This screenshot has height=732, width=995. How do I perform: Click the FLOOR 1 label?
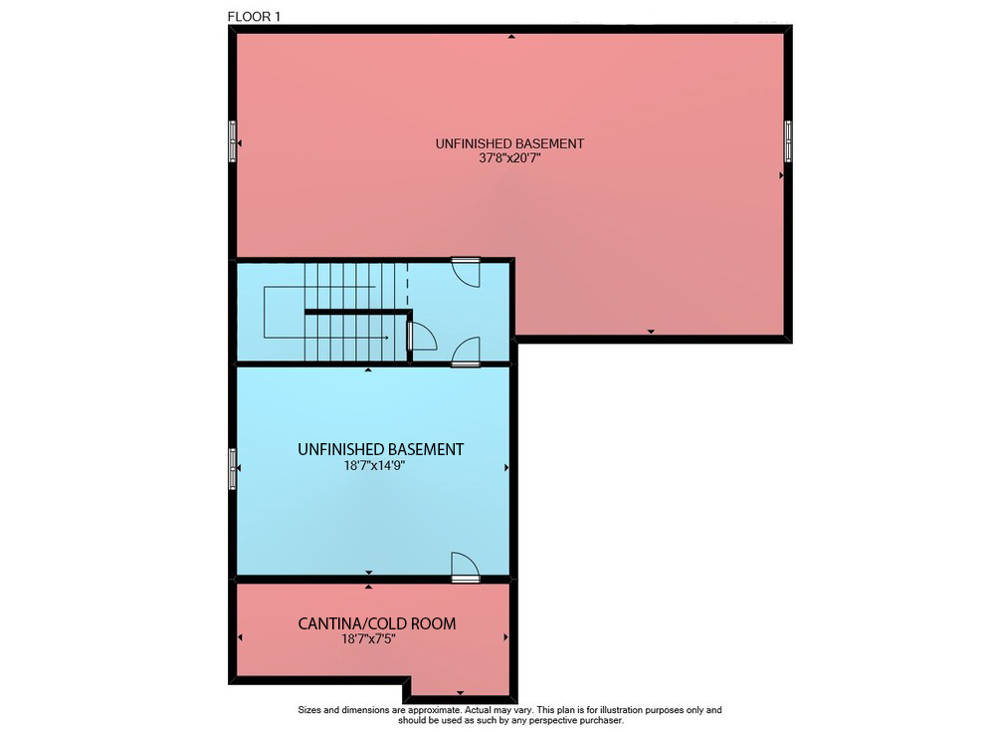(x=254, y=17)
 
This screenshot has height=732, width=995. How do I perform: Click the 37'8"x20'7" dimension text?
(x=509, y=157)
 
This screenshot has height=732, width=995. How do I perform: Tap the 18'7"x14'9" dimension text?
(x=374, y=465)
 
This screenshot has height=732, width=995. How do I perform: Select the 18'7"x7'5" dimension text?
(x=369, y=638)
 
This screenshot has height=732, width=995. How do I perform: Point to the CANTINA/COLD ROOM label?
(x=377, y=623)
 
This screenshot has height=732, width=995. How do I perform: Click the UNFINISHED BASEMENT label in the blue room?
(x=381, y=449)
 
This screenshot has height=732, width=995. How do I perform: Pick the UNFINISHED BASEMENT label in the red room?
(x=509, y=143)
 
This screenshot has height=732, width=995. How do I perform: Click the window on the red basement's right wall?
(x=788, y=141)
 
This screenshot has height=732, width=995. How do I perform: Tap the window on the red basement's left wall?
(x=232, y=141)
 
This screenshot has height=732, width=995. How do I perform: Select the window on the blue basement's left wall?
(x=232, y=469)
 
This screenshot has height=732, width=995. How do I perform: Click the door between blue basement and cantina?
(x=465, y=567)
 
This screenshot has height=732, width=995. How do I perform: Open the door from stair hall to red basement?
(x=465, y=272)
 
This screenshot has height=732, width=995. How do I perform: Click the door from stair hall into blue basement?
(x=465, y=352)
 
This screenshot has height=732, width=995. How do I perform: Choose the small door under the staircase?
(x=421, y=337)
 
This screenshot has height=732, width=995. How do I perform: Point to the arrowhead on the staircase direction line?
(x=385, y=338)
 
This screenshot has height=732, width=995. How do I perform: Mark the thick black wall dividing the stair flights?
(x=358, y=312)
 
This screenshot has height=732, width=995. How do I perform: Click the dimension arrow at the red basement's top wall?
(x=511, y=37)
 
